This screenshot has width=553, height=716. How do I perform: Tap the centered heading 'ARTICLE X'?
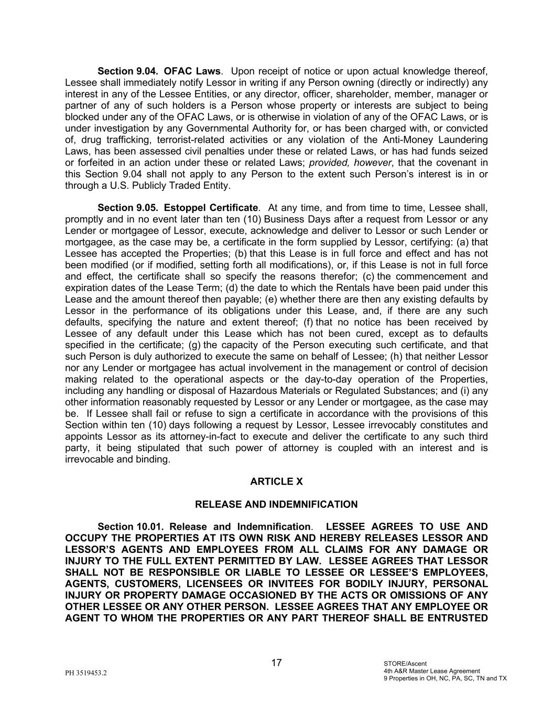pyautogui.click(x=276, y=482)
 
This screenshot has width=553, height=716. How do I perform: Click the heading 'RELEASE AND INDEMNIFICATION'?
pyautogui.click(x=276, y=505)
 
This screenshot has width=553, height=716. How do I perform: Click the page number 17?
pyautogui.click(x=276, y=663)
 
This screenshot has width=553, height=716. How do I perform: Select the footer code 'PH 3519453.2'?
pyautogui.click(x=86, y=673)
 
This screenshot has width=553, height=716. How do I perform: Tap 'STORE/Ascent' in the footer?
pyautogui.click(x=405, y=664)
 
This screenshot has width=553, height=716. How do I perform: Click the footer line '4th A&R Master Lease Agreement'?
pyautogui.click(x=431, y=671)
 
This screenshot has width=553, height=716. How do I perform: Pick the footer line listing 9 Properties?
pyautogui.click(x=445, y=678)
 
